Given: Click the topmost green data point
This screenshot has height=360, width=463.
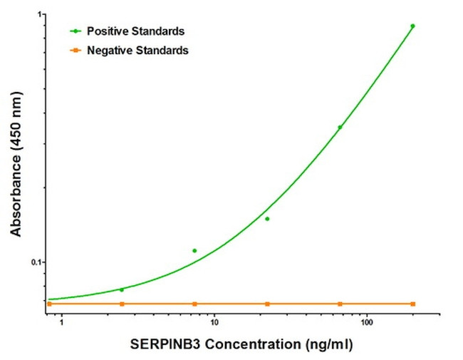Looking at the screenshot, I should point(412,26).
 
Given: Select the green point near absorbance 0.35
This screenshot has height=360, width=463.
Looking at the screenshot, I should point(340,128).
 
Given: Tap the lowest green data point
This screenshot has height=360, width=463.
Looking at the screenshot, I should point(122,289).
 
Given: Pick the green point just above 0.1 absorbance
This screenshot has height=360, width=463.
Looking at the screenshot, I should point(194,251).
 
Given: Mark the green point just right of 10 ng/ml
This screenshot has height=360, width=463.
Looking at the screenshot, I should point(267,219).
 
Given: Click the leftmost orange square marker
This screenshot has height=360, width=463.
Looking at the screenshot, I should point(49,304).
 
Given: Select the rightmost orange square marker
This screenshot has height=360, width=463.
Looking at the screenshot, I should point(413,304).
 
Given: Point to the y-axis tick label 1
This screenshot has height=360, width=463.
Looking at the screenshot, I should point(40,15).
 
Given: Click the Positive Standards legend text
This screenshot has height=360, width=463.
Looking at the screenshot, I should point(135,31).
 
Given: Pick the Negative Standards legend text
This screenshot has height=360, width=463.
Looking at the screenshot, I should point(137,51).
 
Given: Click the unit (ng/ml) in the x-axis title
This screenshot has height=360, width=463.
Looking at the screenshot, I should point(326,345).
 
